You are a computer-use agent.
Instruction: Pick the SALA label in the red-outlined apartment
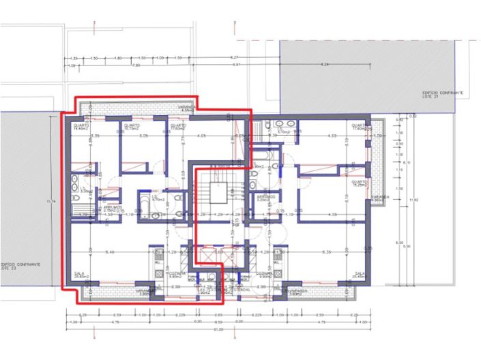click(81, 275)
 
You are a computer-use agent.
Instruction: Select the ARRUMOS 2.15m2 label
click(114, 208)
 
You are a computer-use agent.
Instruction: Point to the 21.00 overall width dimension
click(218, 329)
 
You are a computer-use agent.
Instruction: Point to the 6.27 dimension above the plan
click(234, 57)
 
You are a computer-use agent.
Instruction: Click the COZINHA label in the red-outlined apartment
click(175, 274)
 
